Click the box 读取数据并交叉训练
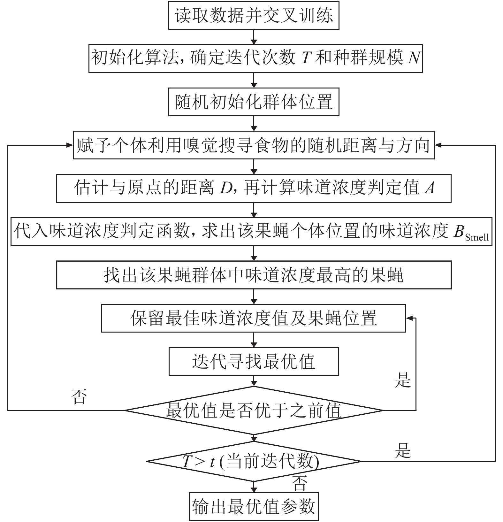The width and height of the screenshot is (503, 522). tap(254, 15)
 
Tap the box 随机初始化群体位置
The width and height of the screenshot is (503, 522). tap(254, 102)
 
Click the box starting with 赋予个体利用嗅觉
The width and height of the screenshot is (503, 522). tap(254, 145)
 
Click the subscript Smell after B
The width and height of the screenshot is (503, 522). tap(477, 237)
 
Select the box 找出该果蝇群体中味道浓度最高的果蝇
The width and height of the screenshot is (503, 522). tap(254, 275)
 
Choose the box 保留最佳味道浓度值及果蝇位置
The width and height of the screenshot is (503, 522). tap(254, 318)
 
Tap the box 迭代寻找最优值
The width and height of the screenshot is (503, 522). tap(254, 361)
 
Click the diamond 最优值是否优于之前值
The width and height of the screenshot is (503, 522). tap(254, 411)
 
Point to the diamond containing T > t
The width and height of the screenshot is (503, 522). tap(254, 461)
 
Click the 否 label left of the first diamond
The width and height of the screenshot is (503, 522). tap(79, 397)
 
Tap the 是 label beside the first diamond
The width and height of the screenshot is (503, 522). tap(402, 380)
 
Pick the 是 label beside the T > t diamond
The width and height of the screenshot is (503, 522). tap(402, 451)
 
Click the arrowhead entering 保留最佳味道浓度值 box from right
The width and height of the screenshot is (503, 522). tap(409, 318)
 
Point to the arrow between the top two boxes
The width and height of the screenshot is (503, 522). tap(254, 37)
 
